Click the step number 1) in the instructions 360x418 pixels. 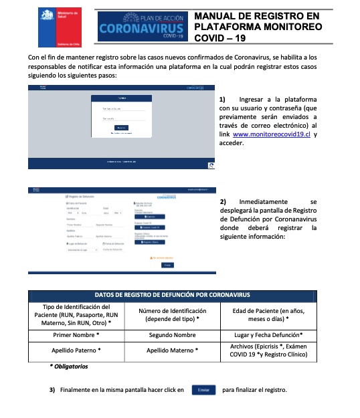[x=223, y=100]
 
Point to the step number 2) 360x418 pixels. [x=223, y=201]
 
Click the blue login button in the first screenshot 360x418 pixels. [x=121, y=127]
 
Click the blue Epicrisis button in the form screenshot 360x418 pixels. [x=149, y=217]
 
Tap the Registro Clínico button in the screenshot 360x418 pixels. [x=149, y=241]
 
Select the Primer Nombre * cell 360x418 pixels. [x=76, y=334]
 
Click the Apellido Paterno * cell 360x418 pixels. [x=76, y=350]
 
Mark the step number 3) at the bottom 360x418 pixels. [x=52, y=390]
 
